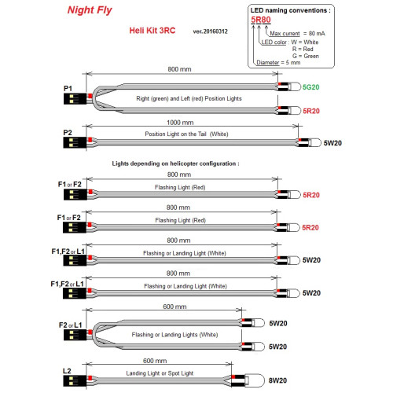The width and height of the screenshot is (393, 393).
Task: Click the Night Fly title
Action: pyautogui.click(x=90, y=10)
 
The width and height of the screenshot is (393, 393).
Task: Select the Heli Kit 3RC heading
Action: pyautogui.click(x=152, y=31)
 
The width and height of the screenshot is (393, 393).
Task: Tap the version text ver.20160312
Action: pyautogui.click(x=210, y=31)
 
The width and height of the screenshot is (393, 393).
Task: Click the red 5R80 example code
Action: pyautogui.click(x=261, y=20)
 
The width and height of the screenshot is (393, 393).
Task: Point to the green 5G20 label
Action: pyautogui.click(x=310, y=87)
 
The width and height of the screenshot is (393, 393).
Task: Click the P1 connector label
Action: pyautogui.click(x=68, y=89)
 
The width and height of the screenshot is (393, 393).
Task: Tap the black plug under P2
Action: pyautogui.click(x=75, y=142)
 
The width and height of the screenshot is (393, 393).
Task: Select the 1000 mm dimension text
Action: pyautogui.click(x=180, y=123)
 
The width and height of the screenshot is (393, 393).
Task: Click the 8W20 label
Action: pyautogui.click(x=277, y=380)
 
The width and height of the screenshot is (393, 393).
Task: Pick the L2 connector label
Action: pyautogui.click(x=67, y=371)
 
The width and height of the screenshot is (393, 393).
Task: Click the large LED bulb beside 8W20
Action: pyautogui.click(x=255, y=380)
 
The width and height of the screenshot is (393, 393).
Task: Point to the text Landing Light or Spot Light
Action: pyautogui.click(x=160, y=373)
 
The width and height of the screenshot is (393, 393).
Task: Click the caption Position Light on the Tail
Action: pyautogui.click(x=176, y=134)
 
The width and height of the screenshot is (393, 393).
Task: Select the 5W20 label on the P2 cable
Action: pyautogui.click(x=332, y=143)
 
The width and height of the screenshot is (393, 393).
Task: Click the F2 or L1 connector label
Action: pyautogui.click(x=70, y=325)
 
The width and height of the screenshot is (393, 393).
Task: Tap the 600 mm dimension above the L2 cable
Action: pyautogui.click(x=155, y=361)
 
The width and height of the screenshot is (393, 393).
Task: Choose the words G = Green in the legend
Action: pyautogui.click(x=306, y=56)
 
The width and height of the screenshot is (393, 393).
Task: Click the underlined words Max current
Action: pyautogui.click(x=285, y=34)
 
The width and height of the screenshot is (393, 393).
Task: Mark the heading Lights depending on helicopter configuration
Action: pyautogui.click(x=175, y=163)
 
